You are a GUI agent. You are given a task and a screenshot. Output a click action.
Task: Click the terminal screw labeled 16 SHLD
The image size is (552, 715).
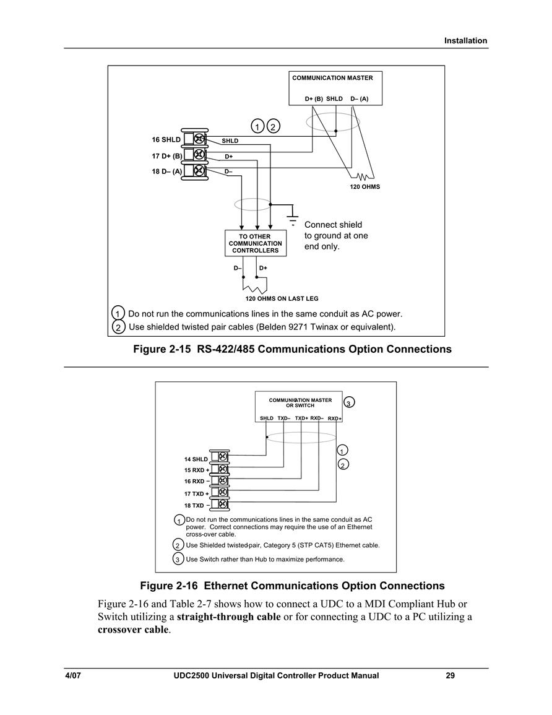(x=200, y=139)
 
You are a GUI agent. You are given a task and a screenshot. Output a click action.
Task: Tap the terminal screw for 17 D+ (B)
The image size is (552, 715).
(x=200, y=155)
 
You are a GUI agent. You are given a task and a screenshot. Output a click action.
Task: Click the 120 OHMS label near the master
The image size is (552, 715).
(x=364, y=186)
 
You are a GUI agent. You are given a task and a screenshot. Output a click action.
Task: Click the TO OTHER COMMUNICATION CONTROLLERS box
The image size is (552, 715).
(x=256, y=243)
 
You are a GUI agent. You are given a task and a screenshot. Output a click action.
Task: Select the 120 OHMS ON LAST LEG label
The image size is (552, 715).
(x=282, y=298)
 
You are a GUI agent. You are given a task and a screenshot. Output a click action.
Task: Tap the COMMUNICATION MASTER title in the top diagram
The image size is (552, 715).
(x=332, y=78)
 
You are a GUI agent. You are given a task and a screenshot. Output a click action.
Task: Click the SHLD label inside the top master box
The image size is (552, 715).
(x=334, y=98)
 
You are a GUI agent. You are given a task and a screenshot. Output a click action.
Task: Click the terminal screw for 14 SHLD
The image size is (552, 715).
(x=222, y=456)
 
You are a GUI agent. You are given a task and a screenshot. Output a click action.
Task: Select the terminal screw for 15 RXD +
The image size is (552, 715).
(x=222, y=469)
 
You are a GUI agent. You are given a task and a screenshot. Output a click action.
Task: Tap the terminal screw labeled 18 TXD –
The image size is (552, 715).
(x=222, y=504)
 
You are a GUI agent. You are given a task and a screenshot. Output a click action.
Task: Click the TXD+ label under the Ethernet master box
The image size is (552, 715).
(x=301, y=418)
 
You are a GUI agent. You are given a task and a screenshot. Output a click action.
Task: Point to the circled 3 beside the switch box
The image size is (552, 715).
(x=348, y=402)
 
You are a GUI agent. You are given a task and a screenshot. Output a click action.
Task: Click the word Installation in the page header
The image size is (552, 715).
(x=466, y=41)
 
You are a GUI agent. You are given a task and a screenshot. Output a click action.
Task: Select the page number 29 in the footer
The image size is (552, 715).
(x=450, y=675)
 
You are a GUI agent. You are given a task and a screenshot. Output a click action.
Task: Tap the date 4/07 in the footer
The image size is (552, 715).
(x=72, y=675)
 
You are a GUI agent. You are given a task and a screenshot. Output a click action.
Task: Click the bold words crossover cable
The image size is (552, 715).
(x=133, y=630)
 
